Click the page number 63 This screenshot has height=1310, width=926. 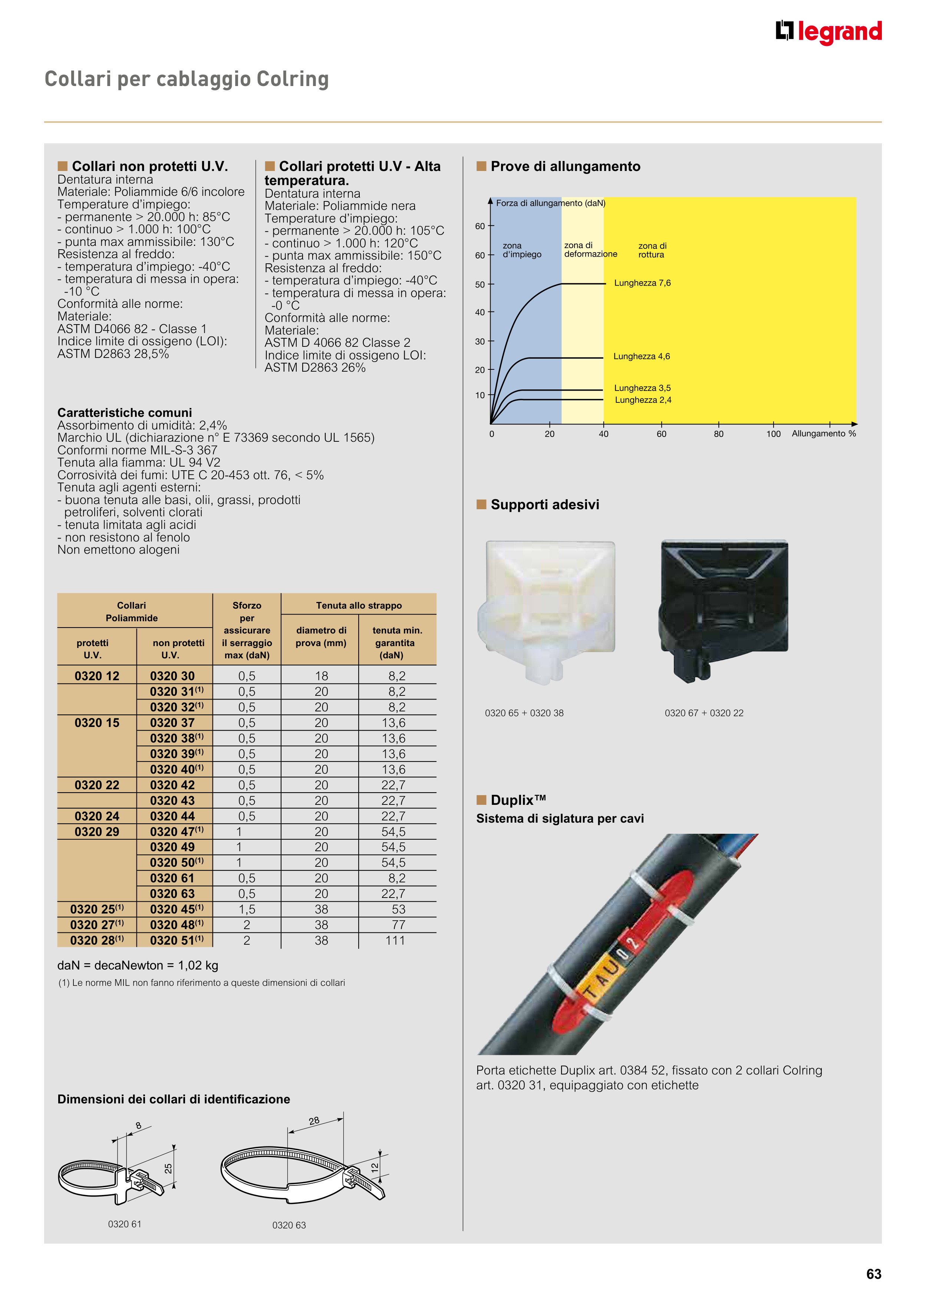point(873,1274)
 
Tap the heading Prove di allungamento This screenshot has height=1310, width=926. point(565,167)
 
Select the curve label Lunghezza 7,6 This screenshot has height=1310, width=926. point(642,283)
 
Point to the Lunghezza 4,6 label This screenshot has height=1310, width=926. point(641,356)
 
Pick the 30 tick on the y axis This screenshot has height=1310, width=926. point(480,342)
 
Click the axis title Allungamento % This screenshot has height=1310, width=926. point(823,434)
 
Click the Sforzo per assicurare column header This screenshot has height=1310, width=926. point(247,630)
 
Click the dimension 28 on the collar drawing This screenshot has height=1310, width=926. point(314,1121)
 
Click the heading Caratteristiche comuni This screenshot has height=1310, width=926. point(124,412)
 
